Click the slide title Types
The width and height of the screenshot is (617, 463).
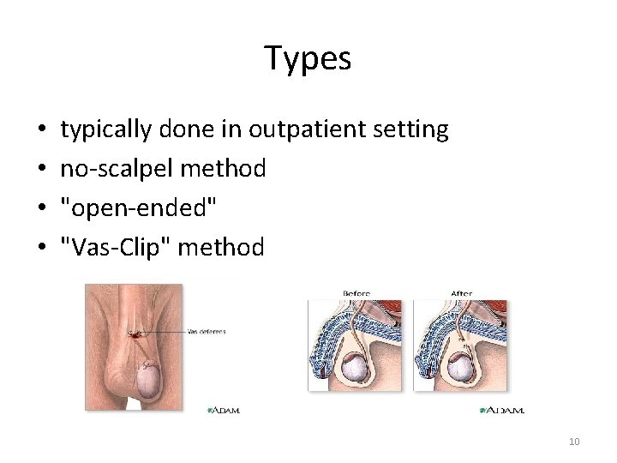308,58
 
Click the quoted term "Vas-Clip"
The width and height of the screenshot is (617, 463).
114,248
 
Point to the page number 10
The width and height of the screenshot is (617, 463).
574,442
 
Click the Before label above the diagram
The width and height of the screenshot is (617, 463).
356,293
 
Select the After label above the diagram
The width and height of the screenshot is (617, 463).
461,293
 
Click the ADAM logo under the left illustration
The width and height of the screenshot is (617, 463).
225,411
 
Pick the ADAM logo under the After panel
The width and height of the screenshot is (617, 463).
502,411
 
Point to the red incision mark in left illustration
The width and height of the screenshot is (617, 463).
135,335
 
